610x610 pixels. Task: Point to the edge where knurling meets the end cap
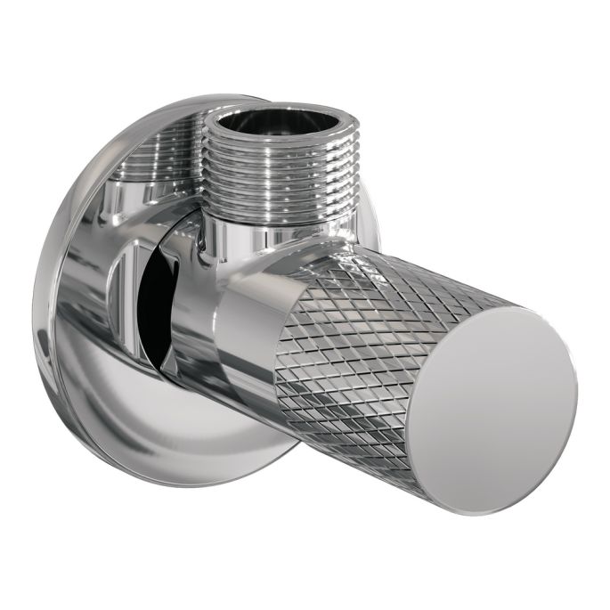419,356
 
